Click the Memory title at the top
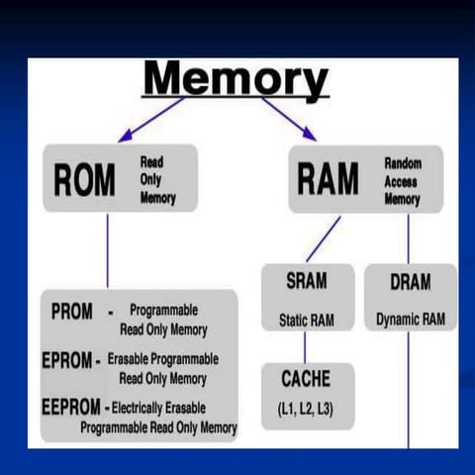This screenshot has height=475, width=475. click(x=236, y=78)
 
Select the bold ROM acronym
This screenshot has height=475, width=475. click(x=83, y=181)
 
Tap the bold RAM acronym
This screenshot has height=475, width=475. click(x=327, y=180)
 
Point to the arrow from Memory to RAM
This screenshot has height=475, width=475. click(x=289, y=118)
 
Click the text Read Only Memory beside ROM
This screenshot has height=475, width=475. click(x=158, y=180)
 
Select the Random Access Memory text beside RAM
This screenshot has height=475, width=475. click(x=402, y=180)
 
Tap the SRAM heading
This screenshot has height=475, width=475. click(x=307, y=282)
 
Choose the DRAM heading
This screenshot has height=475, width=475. click(x=410, y=282)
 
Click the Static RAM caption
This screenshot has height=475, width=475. click(x=307, y=321)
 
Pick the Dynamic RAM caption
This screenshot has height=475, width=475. click(x=411, y=321)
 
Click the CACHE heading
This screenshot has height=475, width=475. click(x=307, y=379)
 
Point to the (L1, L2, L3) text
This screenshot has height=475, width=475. click(x=307, y=408)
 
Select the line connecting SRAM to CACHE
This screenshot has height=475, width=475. click(x=305, y=346)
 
